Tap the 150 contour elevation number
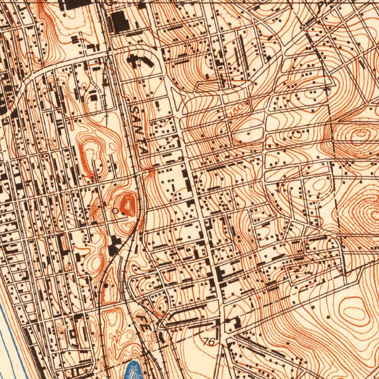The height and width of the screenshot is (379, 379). (x=236, y=110)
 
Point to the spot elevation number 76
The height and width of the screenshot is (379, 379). (x=209, y=342)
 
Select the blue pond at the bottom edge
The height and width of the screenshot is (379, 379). (x=135, y=370)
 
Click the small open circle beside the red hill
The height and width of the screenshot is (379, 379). (x=115, y=211)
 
